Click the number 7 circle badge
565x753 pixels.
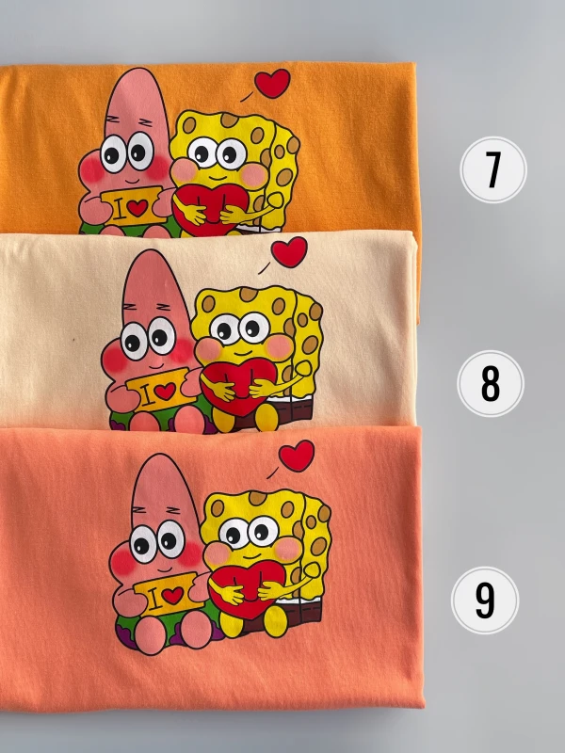pos(492,169)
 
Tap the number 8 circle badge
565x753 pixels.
pos(490,383)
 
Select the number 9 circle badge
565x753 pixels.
pos(485,600)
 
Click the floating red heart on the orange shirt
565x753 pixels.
pos(272,83)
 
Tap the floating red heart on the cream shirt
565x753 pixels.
pos(289,251)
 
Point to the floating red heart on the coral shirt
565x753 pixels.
pos(297,455)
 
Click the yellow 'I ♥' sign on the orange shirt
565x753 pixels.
pos(133,206)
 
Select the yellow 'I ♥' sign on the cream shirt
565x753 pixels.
pos(161,390)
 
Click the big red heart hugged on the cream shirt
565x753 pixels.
pos(238,387)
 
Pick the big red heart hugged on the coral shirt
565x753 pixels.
pos(247,591)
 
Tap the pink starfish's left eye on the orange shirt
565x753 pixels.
pos(113,153)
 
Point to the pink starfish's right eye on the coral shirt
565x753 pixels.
pos(171,539)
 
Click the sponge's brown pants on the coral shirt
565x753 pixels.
pos(288,615)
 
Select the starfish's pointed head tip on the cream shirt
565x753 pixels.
pos(145,251)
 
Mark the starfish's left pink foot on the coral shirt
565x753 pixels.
pos(151,634)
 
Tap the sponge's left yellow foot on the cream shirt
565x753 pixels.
pos(223,420)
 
